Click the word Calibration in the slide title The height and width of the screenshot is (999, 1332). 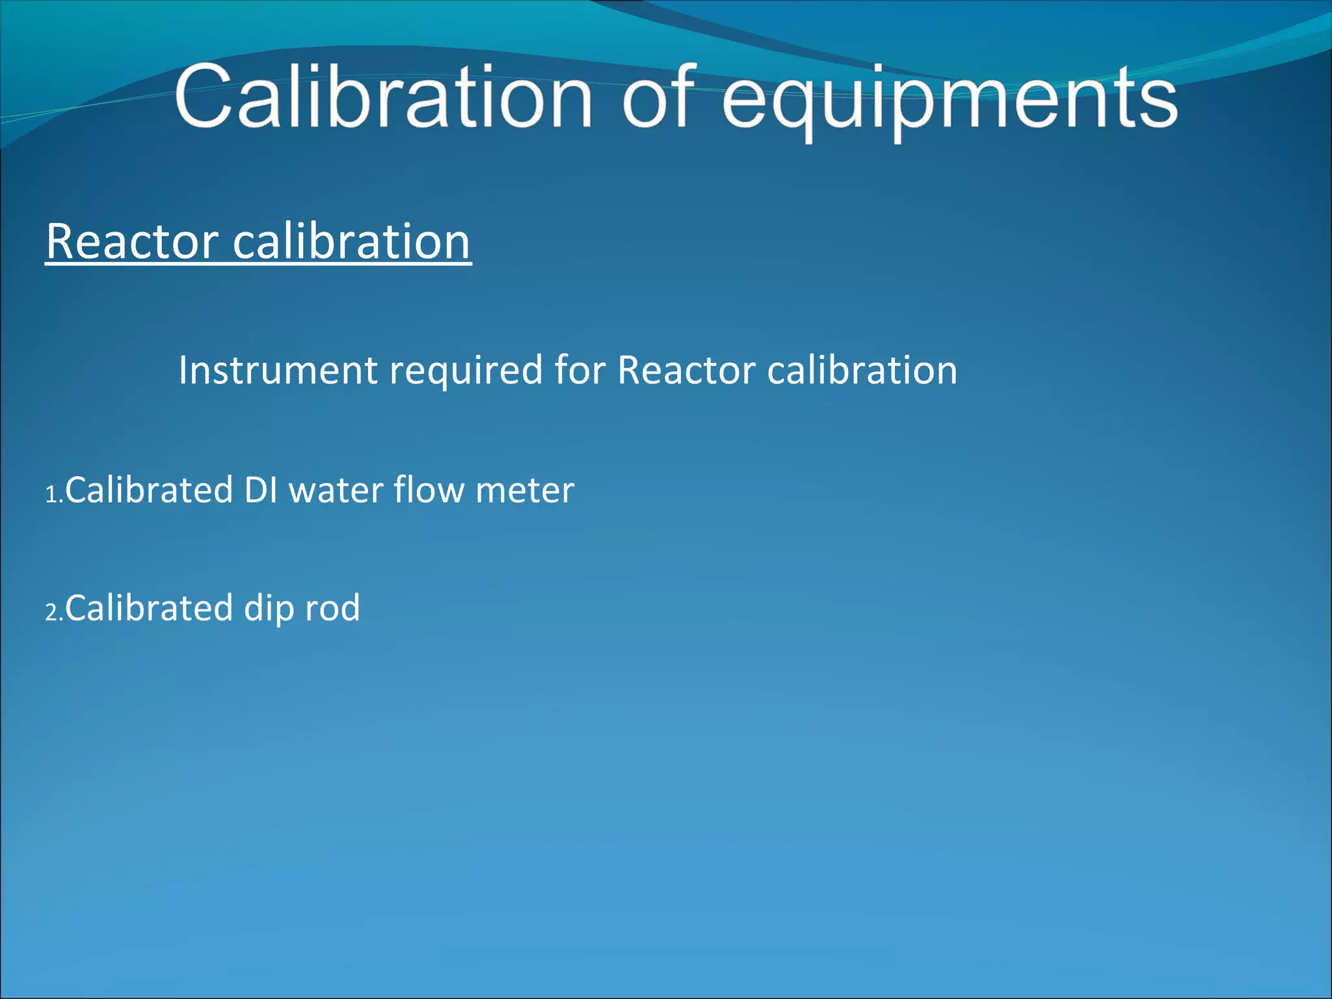[384, 98]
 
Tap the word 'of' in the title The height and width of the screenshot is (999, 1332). [660, 98]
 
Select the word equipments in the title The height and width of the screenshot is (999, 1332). [950, 101]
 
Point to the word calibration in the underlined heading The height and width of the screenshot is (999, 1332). [351, 241]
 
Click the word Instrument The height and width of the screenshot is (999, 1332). [278, 370]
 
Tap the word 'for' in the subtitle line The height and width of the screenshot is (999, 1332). [579, 370]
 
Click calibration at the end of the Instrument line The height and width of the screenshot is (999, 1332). [862, 370]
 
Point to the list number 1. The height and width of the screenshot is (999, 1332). [53, 495]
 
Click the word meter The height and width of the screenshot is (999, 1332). [525, 491]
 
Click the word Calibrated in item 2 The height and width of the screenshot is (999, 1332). [149, 608]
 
